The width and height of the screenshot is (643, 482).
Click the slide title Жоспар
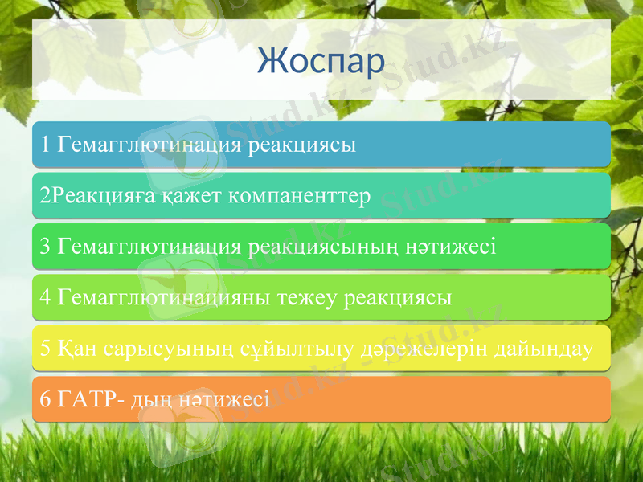click(x=321, y=62)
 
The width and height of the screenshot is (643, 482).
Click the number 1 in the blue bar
click(x=45, y=145)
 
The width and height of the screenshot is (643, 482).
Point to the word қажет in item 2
click(x=194, y=195)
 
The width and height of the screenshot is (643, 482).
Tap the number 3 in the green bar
click(x=45, y=246)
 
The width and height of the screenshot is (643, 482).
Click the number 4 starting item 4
click(x=45, y=297)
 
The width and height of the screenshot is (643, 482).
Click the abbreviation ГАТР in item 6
click(x=87, y=399)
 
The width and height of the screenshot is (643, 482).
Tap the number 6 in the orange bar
click(x=45, y=399)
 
